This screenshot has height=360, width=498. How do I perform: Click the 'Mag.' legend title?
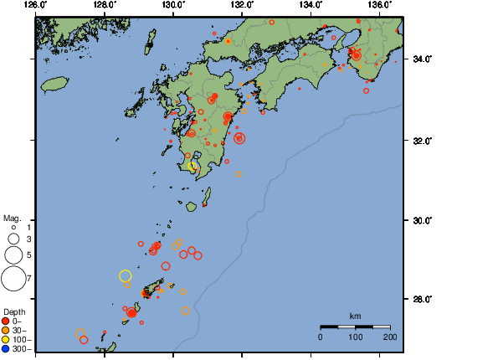pyautogui.click(x=12, y=218)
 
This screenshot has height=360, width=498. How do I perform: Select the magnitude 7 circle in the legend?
pyautogui.click(x=13, y=277)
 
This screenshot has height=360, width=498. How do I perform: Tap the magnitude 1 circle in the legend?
pyautogui.click(x=13, y=228)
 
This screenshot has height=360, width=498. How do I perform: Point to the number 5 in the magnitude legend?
pyautogui.click(x=28, y=255)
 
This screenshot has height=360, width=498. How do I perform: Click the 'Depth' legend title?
pyautogui.click(x=14, y=311)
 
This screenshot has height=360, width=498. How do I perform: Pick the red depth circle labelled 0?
pyautogui.click(x=6, y=321)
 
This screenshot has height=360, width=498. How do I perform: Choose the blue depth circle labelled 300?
pyautogui.click(x=6, y=348)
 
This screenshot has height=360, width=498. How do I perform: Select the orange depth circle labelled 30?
pyautogui.click(x=6, y=330)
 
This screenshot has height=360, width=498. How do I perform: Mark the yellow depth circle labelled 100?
pyautogui.click(x=6, y=339)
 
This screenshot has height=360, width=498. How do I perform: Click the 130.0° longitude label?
pyautogui.click(x=173, y=5)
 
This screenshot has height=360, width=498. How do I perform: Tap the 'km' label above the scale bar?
pyautogui.click(x=355, y=316)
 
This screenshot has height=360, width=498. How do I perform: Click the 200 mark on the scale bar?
pyautogui.click(x=390, y=337)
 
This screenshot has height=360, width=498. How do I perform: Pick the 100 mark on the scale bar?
pyautogui.click(x=356, y=337)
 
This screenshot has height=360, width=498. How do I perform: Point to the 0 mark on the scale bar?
pyautogui.click(x=321, y=337)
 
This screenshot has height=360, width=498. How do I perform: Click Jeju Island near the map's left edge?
pyautogui.click(x=54, y=85)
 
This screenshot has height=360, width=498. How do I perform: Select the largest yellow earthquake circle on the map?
pyautogui.click(x=126, y=275)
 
